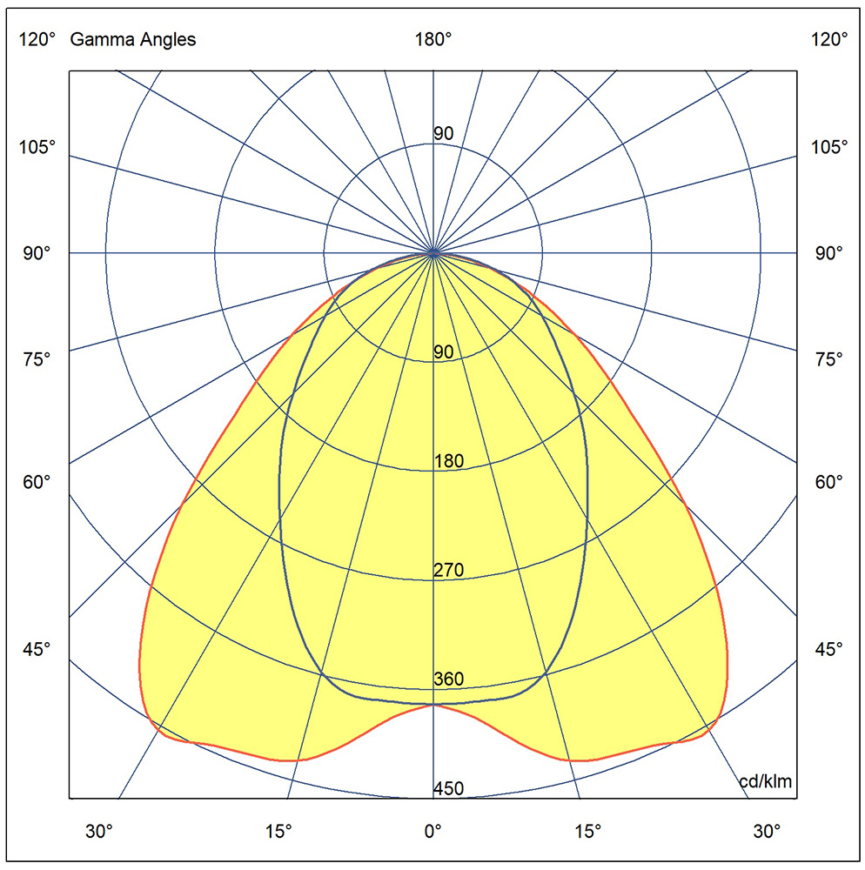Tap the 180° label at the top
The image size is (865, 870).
pyautogui.click(x=433, y=39)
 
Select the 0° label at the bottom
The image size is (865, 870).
pyautogui.click(x=432, y=831)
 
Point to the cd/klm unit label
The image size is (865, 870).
pyautogui.click(x=766, y=781)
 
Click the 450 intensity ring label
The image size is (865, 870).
pyautogui.click(x=448, y=788)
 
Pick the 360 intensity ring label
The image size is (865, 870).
pyautogui.click(x=448, y=679)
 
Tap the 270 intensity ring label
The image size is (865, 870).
pyautogui.click(x=448, y=570)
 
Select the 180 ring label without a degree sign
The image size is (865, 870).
pyautogui.click(x=448, y=461)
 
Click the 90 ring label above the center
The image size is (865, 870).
pyautogui.click(x=443, y=133)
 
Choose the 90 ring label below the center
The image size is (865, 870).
pyautogui.click(x=443, y=351)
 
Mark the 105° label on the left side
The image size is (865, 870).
pyautogui.click(x=37, y=147)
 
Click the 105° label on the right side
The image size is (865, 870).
pyautogui.click(x=829, y=147)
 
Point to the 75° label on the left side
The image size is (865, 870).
pyautogui.click(x=37, y=359)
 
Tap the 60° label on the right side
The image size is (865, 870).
pyautogui.click(x=829, y=482)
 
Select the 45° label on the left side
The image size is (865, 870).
pyautogui.click(x=37, y=649)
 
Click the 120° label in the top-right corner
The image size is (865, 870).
pyautogui.click(x=829, y=39)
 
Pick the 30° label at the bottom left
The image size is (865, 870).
pyautogui.click(x=98, y=831)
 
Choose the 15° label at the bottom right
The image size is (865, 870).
pyautogui.click(x=587, y=831)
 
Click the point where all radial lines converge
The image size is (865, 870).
pyautogui.click(x=433, y=253)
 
